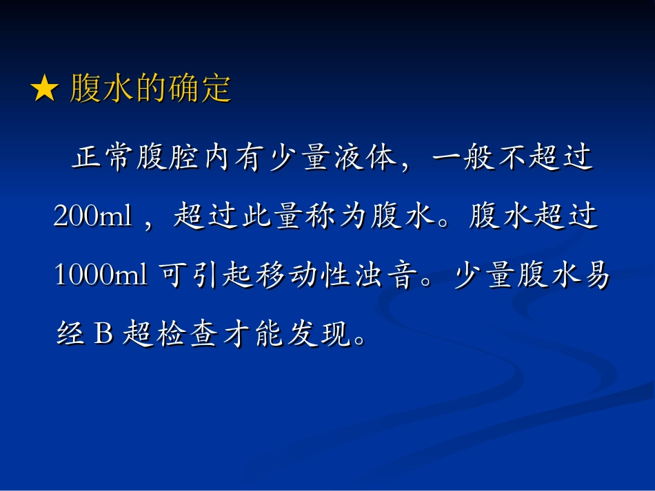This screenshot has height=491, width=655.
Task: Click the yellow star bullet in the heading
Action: click(45, 91)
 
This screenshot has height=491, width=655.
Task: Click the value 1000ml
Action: click(101, 276)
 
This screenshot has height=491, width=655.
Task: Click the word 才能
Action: click(252, 335)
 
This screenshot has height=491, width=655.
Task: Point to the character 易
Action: click(594, 276)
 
